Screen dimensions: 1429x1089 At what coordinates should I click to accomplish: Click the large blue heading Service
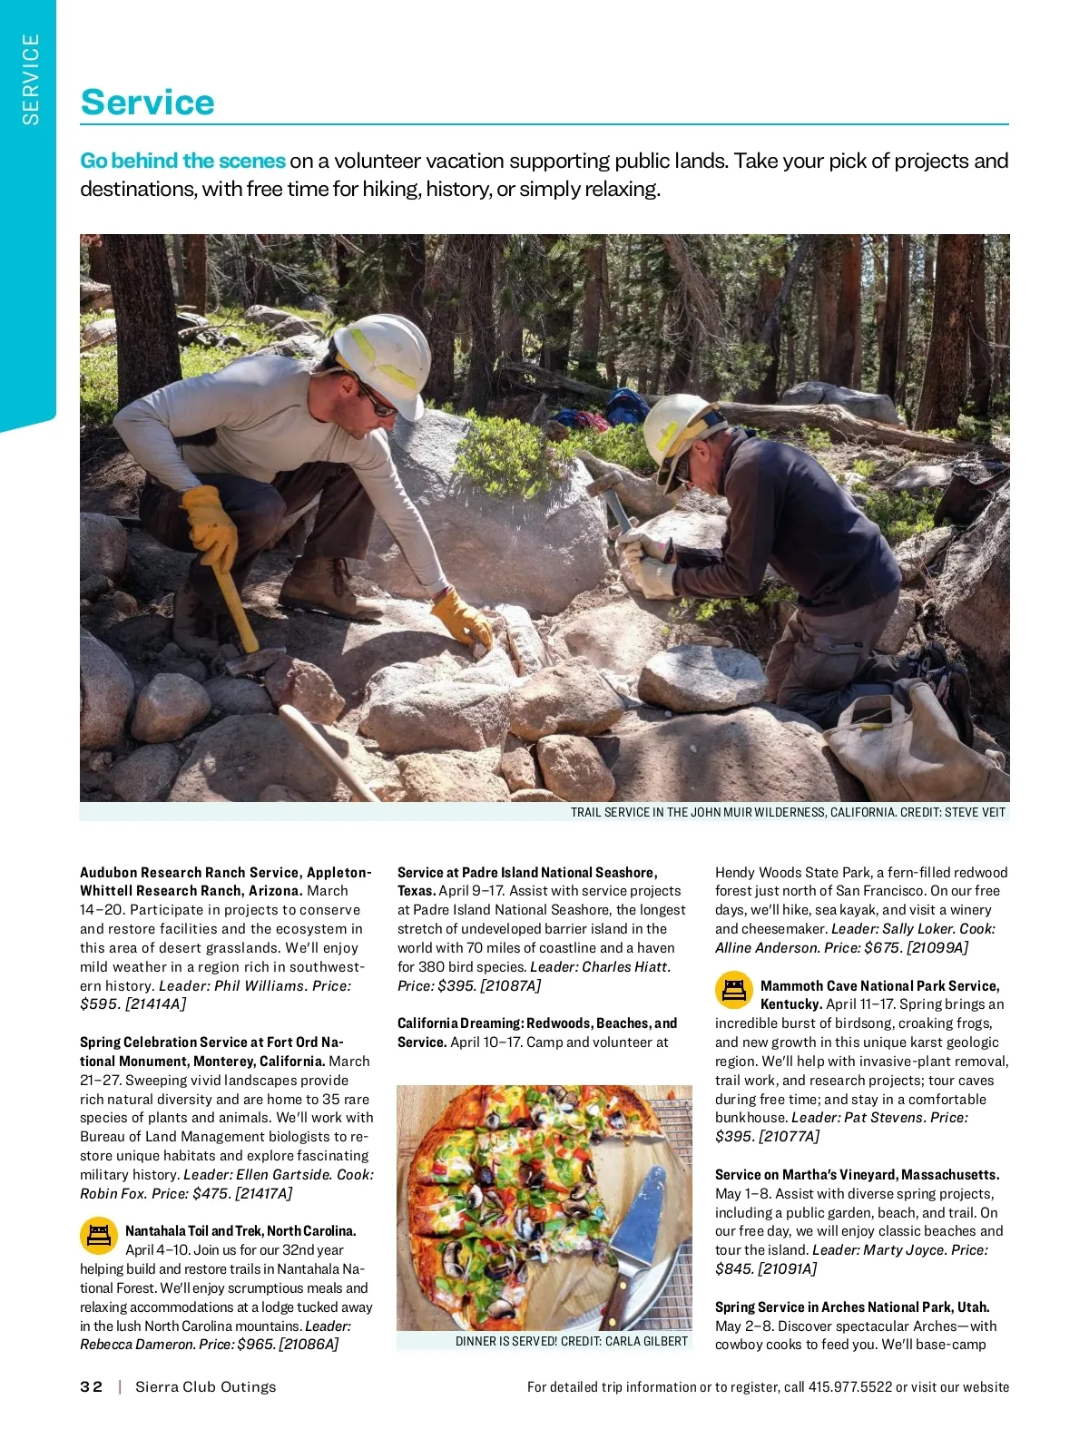(x=147, y=102)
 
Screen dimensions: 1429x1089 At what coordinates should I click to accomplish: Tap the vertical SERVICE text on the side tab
(x=31, y=79)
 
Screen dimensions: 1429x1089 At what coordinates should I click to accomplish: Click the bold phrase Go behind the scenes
(x=182, y=161)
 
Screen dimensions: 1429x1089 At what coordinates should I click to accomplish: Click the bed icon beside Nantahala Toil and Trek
(x=99, y=1235)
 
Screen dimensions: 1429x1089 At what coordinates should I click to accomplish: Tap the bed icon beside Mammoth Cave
(x=734, y=990)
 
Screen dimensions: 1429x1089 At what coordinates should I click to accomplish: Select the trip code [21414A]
(x=155, y=1003)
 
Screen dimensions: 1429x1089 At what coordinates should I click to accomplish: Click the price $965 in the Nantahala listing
(x=255, y=1345)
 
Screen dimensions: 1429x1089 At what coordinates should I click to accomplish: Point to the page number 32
(x=91, y=1386)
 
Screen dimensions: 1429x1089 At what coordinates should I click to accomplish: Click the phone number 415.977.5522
(x=850, y=1386)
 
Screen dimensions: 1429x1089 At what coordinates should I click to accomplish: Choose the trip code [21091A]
(x=787, y=1268)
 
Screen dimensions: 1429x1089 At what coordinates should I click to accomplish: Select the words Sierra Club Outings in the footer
(x=205, y=1386)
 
